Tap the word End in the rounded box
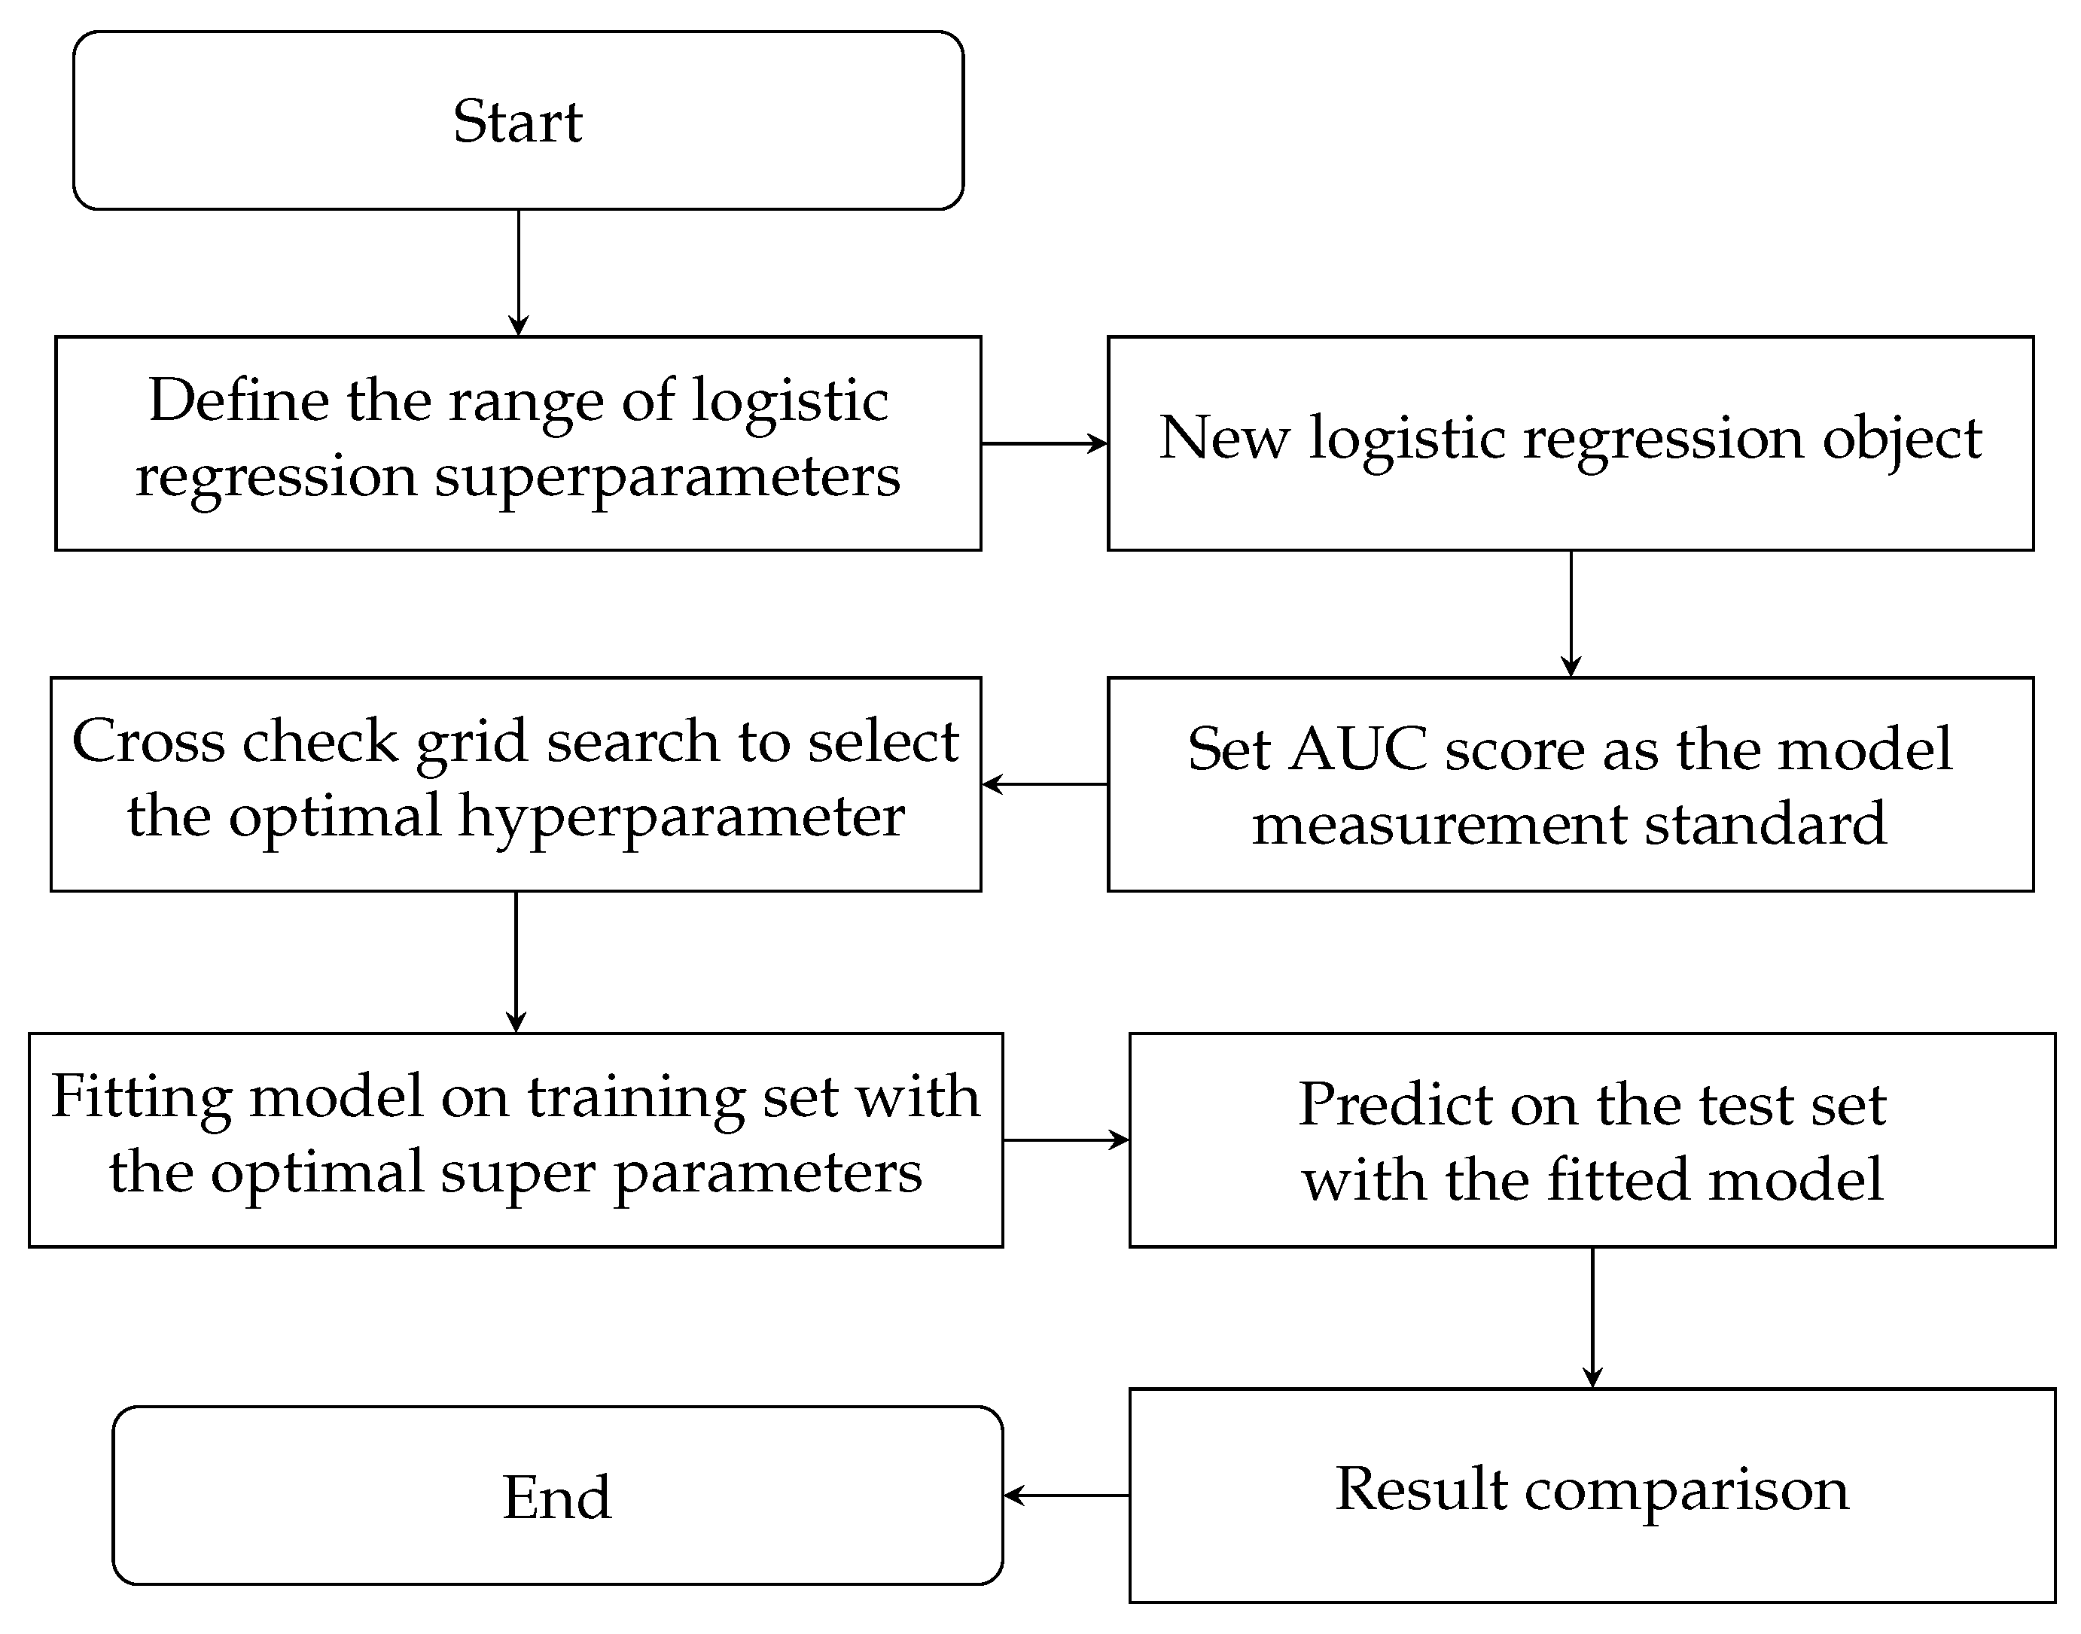(557, 1497)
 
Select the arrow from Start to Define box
(519, 272)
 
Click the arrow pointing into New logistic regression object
(1045, 443)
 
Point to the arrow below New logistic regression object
(1571, 613)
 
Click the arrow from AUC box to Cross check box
(1045, 784)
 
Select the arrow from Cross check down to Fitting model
(516, 961)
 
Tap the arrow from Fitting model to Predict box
(1066, 1140)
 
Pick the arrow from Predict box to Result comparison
(1592, 1317)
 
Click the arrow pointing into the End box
(1066, 1496)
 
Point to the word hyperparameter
(681, 818)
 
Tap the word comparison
(1686, 1490)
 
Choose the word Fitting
(142, 1097)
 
